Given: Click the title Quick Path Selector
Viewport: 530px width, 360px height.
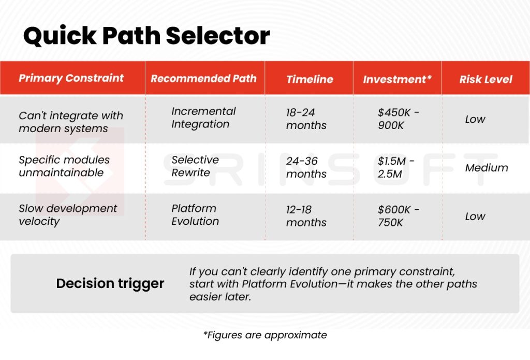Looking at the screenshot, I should point(146,36).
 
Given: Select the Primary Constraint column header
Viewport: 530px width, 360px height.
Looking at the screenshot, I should point(71,78).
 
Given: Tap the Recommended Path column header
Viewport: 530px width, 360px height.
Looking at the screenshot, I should point(203,79).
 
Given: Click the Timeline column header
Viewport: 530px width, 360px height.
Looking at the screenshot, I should point(310,79).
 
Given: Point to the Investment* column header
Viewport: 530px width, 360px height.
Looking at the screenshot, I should point(397,79).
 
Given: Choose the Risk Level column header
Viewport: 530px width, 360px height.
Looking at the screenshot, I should point(485,79).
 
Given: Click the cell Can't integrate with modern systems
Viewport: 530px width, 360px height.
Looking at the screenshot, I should point(71,122).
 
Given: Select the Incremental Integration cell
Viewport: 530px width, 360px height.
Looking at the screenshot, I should point(203,118).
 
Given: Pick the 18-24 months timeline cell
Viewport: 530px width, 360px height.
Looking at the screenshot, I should point(306,119).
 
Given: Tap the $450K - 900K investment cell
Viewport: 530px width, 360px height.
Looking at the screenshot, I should point(396,119).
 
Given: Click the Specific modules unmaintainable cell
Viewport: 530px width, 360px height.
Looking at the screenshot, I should point(64,166).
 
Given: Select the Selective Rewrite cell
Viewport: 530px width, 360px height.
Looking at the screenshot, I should point(195,166).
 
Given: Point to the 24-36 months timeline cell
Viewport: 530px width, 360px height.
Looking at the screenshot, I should point(306,167).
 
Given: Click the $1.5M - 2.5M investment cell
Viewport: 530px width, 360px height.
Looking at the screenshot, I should point(396,167).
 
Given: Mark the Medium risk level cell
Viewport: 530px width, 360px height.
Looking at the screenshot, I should point(487,168).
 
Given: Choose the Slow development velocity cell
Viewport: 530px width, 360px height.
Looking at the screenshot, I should point(68,214).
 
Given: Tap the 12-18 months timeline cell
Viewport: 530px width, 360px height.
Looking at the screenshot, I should point(306,216).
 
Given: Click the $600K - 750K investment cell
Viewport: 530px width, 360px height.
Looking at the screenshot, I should point(399,216).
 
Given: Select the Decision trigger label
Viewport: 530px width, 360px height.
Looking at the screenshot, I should point(110,284).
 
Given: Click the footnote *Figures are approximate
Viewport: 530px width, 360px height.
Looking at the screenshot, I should point(264,335).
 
